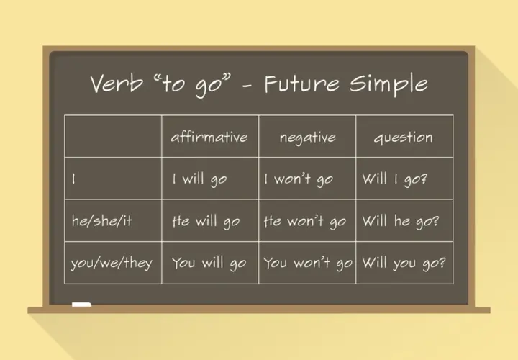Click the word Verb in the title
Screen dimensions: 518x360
tap(117, 83)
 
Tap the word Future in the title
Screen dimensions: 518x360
tap(301, 84)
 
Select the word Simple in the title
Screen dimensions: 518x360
tap(388, 85)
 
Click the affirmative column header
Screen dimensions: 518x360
tap(209, 137)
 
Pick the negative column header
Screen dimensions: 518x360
tap(308, 138)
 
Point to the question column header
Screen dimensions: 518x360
tap(403, 138)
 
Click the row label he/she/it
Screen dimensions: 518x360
tap(101, 220)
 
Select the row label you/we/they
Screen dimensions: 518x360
tap(112, 263)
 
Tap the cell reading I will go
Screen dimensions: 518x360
tap(199, 179)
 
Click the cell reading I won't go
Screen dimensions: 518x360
tap(299, 179)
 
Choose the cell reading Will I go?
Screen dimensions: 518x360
tap(394, 179)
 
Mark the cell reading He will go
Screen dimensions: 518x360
tap(206, 222)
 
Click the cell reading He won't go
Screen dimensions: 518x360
tap(305, 222)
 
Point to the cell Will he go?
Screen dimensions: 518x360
tap(401, 222)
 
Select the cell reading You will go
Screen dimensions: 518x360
tap(209, 264)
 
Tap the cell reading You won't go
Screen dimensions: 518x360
tap(308, 264)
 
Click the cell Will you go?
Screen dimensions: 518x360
tap(404, 264)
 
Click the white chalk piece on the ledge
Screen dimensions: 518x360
tap(81, 305)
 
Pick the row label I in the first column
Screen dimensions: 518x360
tap(73, 179)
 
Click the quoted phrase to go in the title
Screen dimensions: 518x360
tap(192, 84)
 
